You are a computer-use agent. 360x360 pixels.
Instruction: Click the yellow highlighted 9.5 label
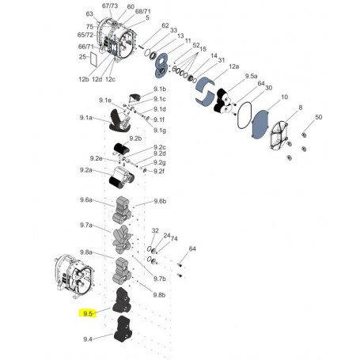[89, 313]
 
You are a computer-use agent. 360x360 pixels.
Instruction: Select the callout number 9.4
[88, 339]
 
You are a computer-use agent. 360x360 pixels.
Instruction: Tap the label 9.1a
[87, 118]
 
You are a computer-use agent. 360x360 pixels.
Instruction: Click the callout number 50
[319, 117]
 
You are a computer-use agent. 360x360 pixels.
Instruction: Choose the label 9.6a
[87, 200]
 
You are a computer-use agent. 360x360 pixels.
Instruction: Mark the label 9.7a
[87, 225]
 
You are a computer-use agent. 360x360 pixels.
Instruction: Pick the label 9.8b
[158, 294]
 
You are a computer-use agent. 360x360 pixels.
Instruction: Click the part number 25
[82, 57]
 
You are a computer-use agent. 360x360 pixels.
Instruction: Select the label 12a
[233, 66]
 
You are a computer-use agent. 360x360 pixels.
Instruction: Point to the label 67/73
[111, 6]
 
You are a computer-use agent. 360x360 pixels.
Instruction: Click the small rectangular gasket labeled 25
[93, 57]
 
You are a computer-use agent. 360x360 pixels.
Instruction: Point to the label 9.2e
[97, 157]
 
